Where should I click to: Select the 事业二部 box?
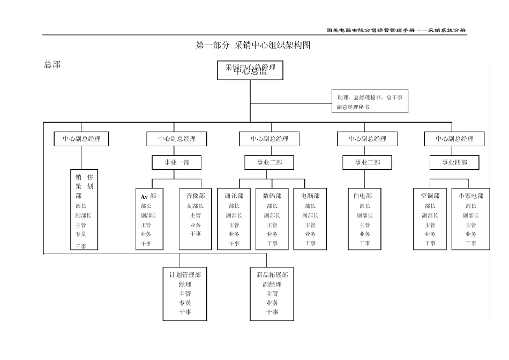click(x=270, y=162)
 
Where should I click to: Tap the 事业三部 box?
click(x=367, y=162)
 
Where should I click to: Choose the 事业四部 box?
click(x=454, y=162)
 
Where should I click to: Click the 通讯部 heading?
click(x=234, y=196)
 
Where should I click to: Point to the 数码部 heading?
click(x=272, y=196)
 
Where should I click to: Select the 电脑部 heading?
click(x=310, y=196)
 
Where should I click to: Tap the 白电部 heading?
click(x=363, y=196)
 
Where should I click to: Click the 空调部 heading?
click(x=430, y=196)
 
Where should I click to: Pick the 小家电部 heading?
click(x=471, y=196)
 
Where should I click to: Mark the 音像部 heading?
click(x=196, y=196)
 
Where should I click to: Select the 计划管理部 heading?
click(x=185, y=275)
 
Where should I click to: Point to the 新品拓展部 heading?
click(x=272, y=275)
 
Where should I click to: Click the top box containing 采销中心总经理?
click(x=250, y=70)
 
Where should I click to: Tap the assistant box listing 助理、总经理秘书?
click(x=370, y=102)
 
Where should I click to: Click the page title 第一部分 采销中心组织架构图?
click(x=254, y=46)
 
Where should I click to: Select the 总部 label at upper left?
click(x=52, y=64)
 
